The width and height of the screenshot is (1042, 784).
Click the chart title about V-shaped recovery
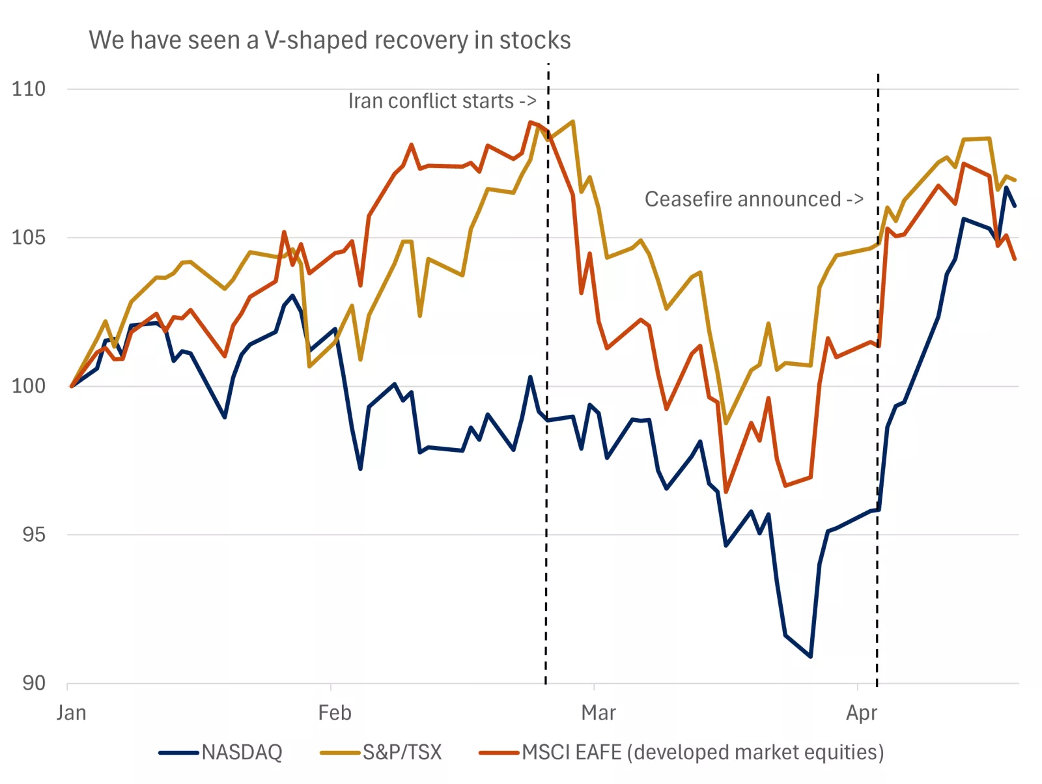click(330, 40)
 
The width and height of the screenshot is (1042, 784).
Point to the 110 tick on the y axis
click(29, 89)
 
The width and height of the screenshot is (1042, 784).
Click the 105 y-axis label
click(29, 237)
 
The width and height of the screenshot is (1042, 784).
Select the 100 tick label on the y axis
click(29, 385)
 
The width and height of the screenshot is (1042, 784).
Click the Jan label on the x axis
click(71, 713)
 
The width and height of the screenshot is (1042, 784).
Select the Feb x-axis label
click(334, 713)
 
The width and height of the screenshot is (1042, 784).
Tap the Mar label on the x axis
click(598, 713)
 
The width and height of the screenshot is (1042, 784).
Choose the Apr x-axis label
click(861, 713)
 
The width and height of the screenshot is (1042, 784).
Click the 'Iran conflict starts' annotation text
click(442, 102)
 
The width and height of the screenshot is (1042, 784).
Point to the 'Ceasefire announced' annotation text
click(753, 199)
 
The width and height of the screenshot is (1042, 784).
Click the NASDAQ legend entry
click(221, 753)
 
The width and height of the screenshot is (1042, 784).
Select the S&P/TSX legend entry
click(382, 753)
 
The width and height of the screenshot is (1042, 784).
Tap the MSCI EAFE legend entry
click(681, 753)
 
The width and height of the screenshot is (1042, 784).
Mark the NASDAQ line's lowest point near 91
click(810, 656)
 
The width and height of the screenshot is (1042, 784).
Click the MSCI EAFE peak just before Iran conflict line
click(531, 122)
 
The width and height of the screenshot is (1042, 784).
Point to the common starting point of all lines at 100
click(72, 386)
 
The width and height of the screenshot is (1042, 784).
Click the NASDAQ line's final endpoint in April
click(1015, 206)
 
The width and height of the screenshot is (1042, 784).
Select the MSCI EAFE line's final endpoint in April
click(1015, 259)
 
